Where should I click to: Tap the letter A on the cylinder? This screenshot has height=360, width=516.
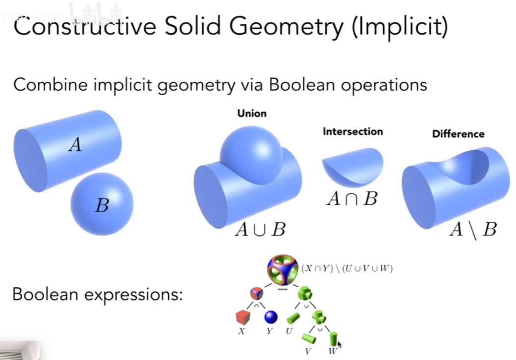click(75, 144)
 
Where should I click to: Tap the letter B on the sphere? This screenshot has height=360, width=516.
click(102, 205)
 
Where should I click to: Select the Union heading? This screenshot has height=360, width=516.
click(252, 114)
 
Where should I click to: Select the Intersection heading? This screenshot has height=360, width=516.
click(353, 131)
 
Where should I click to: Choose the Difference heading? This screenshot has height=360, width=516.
click(458, 134)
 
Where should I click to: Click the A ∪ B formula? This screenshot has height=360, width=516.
click(260, 230)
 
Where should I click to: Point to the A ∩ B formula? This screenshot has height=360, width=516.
click(352, 199)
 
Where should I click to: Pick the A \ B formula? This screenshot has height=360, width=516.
click(473, 230)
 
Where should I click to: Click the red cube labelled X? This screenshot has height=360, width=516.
click(243, 317)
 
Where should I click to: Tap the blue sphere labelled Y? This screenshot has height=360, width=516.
click(271, 317)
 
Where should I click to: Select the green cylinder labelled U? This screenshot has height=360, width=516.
click(293, 318)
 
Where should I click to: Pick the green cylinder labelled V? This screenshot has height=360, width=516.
click(309, 339)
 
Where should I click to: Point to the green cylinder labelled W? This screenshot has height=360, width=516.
click(334, 339)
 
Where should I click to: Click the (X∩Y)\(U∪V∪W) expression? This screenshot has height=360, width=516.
click(347, 269)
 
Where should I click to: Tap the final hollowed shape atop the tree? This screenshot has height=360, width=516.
click(283, 270)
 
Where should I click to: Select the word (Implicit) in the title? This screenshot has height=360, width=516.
click(400, 27)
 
